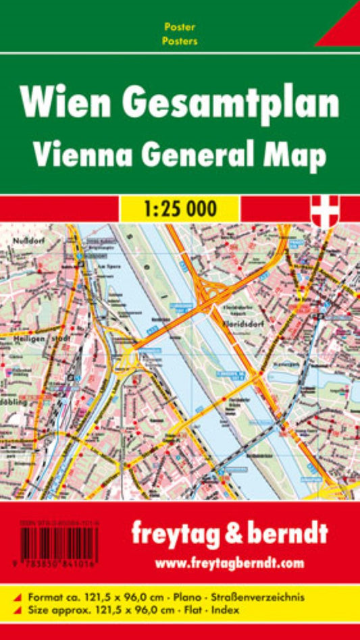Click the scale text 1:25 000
181,209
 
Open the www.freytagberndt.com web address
230,563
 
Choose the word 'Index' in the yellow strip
291,610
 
